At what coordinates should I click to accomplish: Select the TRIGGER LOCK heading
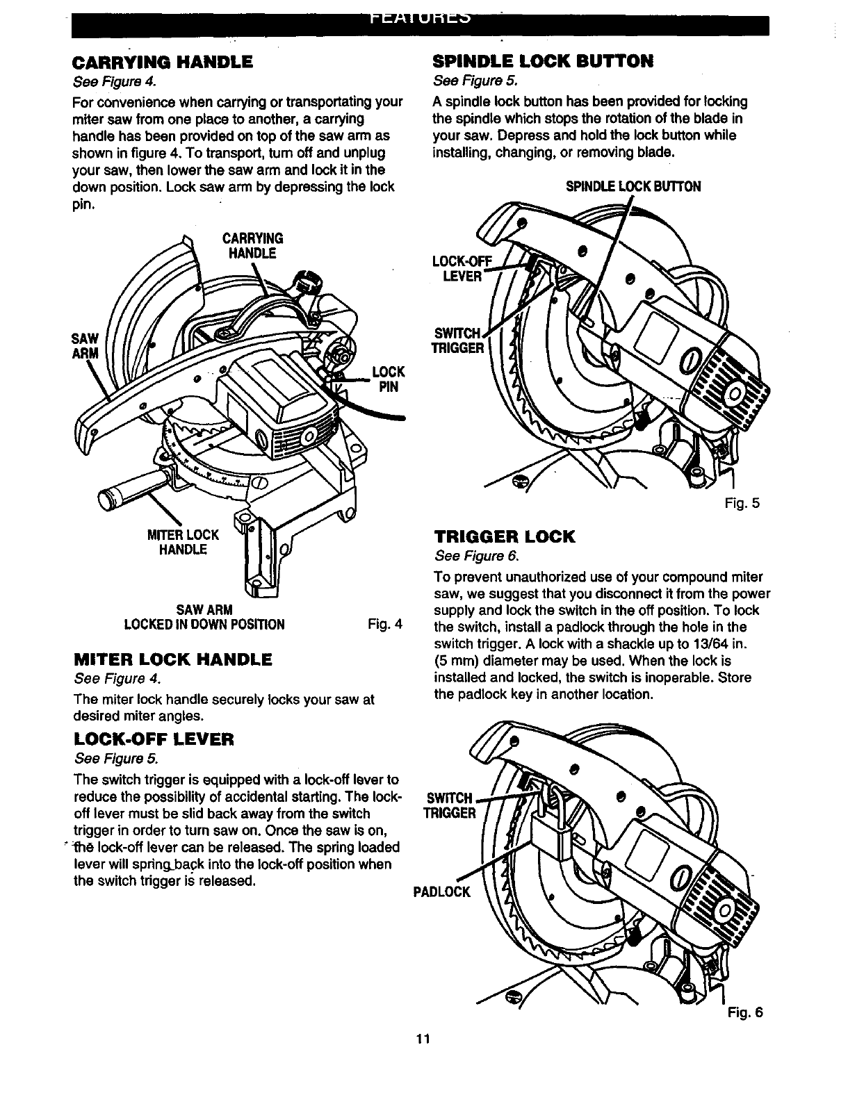pyautogui.click(x=505, y=536)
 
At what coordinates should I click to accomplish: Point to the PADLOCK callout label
pyautogui.click(x=443, y=891)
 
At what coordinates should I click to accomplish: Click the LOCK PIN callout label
pyautogui.click(x=388, y=379)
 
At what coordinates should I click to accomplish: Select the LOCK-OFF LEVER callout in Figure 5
pyautogui.click(x=461, y=268)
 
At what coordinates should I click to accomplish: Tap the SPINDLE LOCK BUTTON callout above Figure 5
pyautogui.click(x=633, y=186)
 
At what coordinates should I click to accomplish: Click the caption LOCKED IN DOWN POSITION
pyautogui.click(x=204, y=624)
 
